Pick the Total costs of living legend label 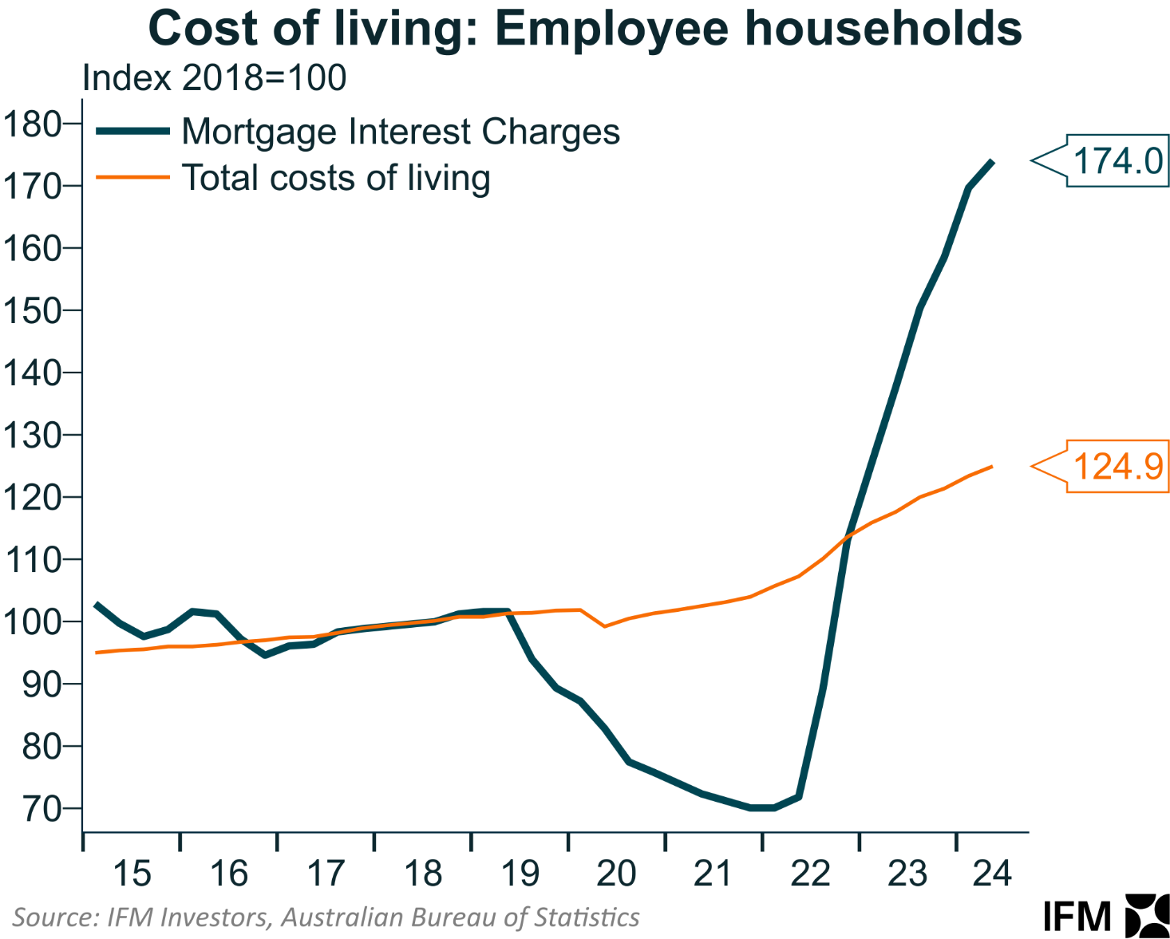pyautogui.click(x=336, y=178)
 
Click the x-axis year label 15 pyautogui.click(x=132, y=874)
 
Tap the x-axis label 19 pyautogui.click(x=520, y=874)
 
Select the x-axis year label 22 pyautogui.click(x=810, y=874)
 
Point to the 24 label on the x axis pyautogui.click(x=992, y=874)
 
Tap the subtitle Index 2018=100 pyautogui.click(x=214, y=78)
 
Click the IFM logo pyautogui.click(x=1105, y=916)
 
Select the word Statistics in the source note pyautogui.click(x=587, y=917)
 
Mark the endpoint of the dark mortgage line pyautogui.click(x=991, y=162)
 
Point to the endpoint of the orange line pyautogui.click(x=991, y=467)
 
